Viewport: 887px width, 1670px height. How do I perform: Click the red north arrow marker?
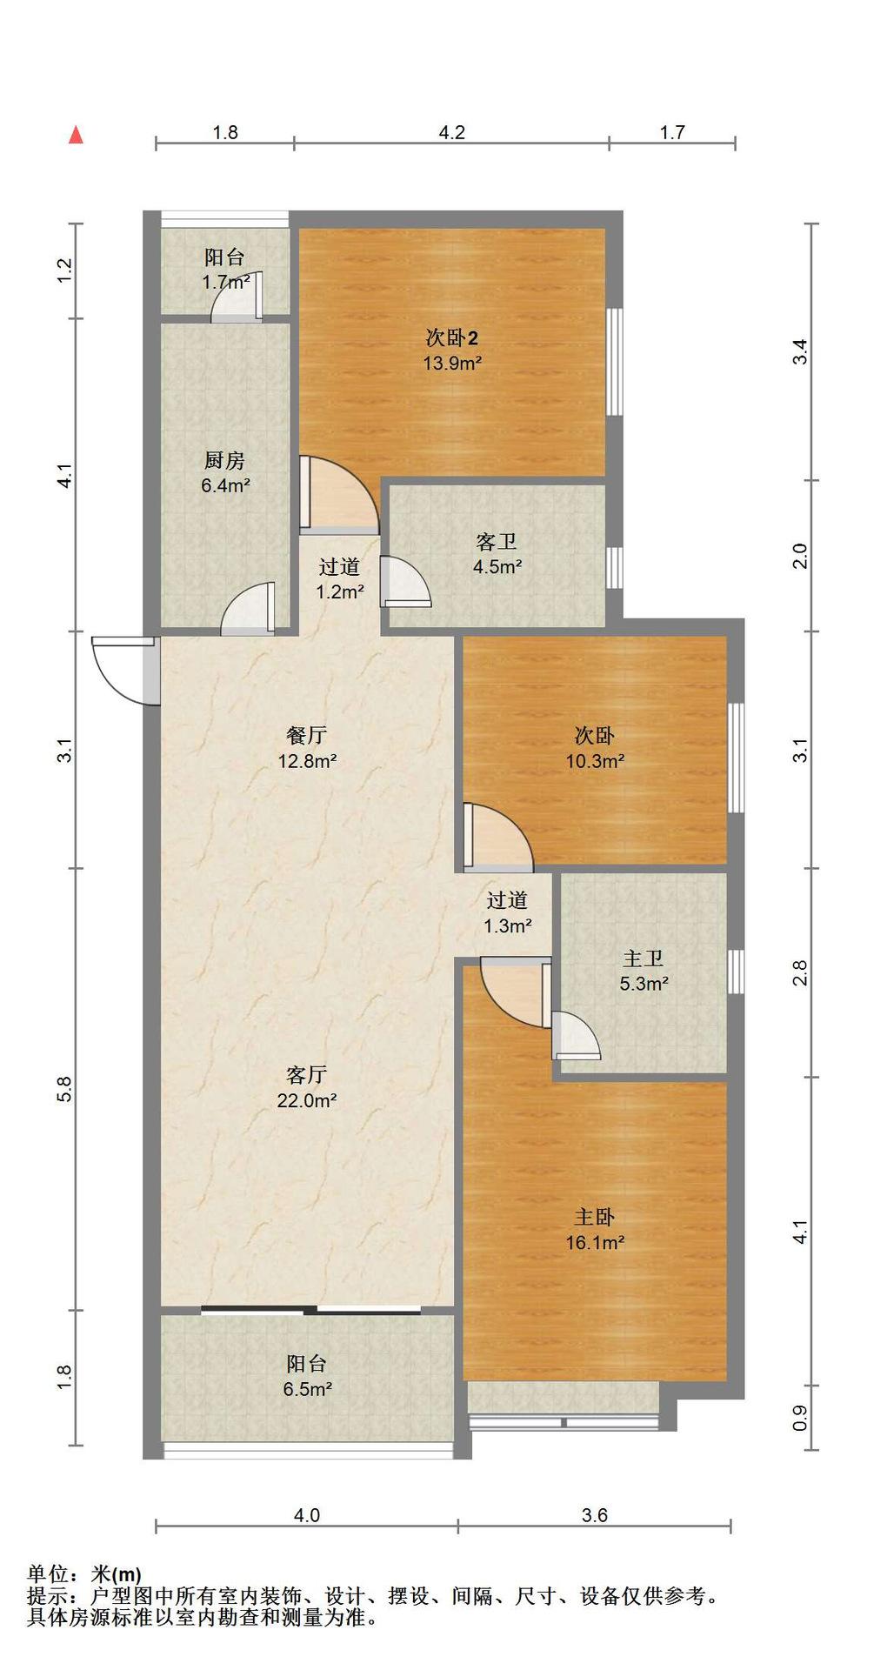(x=77, y=135)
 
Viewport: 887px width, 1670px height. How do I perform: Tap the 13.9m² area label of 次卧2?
(x=452, y=363)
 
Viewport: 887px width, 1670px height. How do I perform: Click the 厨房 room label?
(x=224, y=460)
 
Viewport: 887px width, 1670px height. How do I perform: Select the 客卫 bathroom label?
(x=497, y=542)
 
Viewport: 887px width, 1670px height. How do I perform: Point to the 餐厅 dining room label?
(x=307, y=735)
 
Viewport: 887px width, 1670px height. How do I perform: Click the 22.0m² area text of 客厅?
(x=307, y=1100)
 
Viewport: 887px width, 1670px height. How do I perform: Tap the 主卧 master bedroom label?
(x=595, y=1217)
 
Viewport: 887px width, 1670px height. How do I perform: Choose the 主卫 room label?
(x=644, y=959)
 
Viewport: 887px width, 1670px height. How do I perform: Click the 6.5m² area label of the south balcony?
(x=307, y=1389)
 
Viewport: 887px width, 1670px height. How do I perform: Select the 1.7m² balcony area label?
(x=226, y=282)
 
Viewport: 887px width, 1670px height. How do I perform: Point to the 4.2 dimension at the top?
(x=451, y=132)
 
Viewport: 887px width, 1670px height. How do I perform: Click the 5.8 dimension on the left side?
(x=63, y=1089)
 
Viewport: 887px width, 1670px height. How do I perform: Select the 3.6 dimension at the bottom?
(x=595, y=1515)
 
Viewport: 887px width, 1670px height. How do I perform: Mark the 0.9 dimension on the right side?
(x=801, y=1419)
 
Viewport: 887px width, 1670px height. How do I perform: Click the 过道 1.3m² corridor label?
(x=508, y=913)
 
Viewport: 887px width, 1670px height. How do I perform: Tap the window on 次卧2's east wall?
(x=615, y=361)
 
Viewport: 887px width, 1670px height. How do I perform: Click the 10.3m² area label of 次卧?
(x=595, y=761)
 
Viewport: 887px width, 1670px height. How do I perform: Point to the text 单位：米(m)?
(x=84, y=1573)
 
